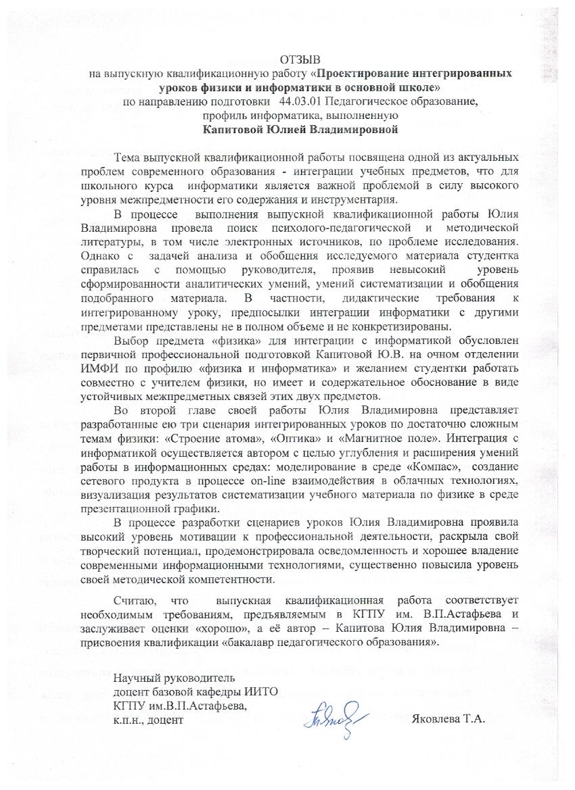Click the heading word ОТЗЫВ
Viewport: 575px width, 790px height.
(301, 59)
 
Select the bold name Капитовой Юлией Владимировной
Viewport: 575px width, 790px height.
(301, 128)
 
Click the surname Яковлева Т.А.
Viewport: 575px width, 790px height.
(448, 719)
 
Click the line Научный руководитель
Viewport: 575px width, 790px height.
(175, 678)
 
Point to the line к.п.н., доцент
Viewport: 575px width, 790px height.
(148, 720)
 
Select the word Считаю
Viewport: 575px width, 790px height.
(135, 601)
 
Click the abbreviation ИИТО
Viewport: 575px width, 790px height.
(262, 692)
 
